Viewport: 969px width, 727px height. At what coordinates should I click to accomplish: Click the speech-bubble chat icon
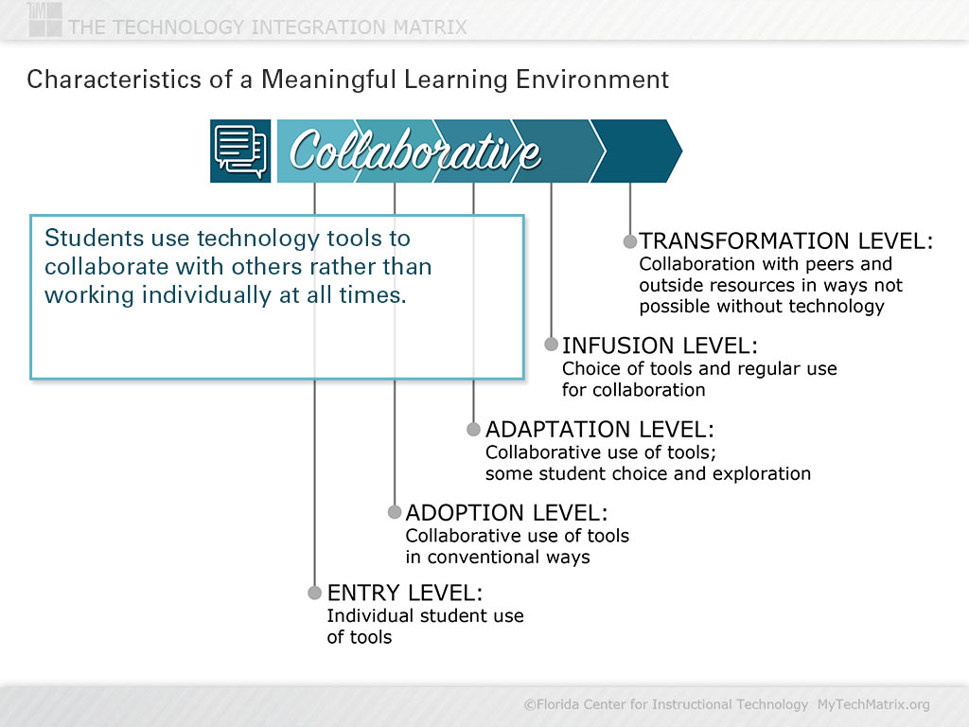[x=240, y=151]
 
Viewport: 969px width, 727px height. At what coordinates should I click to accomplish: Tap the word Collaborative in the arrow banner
[x=414, y=151]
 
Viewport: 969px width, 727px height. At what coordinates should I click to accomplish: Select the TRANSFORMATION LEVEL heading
[x=785, y=241]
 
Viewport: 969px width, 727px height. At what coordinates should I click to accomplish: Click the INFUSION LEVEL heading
[x=660, y=346]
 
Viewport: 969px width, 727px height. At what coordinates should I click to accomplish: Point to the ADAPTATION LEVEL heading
[x=599, y=429]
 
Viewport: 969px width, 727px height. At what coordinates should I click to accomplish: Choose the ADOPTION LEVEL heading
[x=507, y=512]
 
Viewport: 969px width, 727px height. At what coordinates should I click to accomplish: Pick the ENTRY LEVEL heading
[x=405, y=593]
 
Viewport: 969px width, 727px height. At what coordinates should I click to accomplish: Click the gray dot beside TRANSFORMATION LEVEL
[x=629, y=241]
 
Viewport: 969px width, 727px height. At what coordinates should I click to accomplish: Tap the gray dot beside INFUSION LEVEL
[x=552, y=345]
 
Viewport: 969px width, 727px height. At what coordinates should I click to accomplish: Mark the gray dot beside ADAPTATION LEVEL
[x=473, y=429]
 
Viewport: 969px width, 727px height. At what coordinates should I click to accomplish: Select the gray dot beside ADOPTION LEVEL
[x=395, y=512]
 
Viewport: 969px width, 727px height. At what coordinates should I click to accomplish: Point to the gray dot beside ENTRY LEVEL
[x=314, y=593]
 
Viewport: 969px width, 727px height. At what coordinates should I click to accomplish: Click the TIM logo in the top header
[x=44, y=19]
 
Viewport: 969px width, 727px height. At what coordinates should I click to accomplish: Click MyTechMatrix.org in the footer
[x=873, y=704]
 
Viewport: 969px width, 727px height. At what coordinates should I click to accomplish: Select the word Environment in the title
[x=592, y=80]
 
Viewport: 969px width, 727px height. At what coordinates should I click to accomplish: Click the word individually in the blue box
[x=206, y=295]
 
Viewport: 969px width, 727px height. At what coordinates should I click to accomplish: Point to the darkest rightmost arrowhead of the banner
[x=637, y=151]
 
